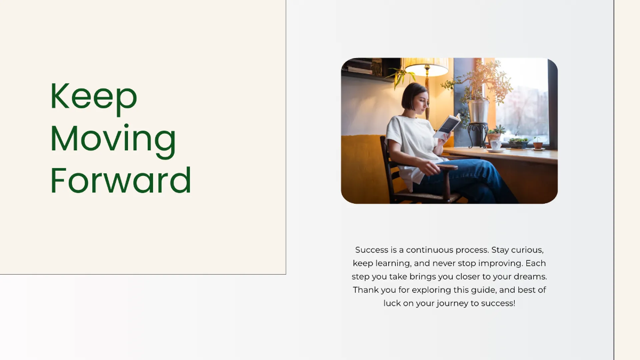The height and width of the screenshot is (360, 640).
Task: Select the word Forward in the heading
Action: [x=121, y=180]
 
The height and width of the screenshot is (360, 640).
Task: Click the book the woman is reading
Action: [x=447, y=126]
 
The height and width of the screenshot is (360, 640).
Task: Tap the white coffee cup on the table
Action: [x=495, y=145]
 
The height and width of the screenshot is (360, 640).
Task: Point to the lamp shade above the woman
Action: [x=426, y=67]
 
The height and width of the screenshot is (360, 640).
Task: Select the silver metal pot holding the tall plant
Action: [x=478, y=111]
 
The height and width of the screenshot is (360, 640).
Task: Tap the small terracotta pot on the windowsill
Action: [x=538, y=145]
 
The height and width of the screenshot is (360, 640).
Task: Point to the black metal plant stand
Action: [x=477, y=135]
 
